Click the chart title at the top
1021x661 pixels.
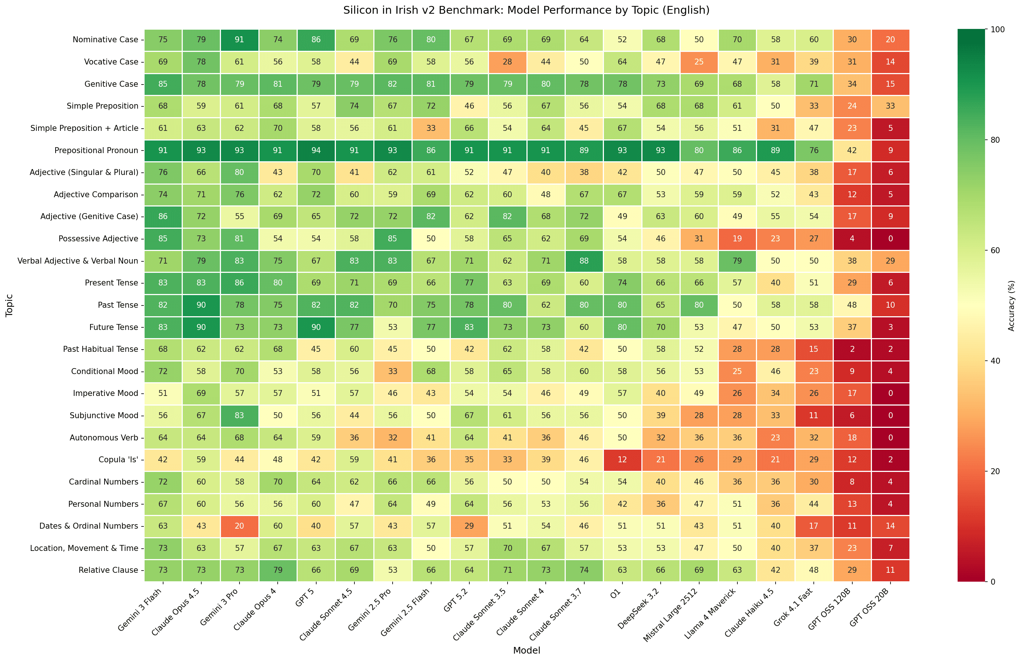pos(526,10)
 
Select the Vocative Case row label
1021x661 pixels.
pos(111,62)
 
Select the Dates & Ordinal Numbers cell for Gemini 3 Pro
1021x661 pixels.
pos(239,526)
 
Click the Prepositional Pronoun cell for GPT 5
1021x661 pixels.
pos(316,151)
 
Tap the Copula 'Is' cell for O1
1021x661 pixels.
pos(622,460)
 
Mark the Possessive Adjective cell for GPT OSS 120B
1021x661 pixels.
pos(852,239)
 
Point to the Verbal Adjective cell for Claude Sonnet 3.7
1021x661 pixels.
pos(584,261)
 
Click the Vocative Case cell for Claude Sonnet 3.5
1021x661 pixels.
pos(508,62)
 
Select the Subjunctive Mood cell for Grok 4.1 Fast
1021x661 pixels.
pos(814,416)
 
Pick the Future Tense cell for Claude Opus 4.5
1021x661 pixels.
pos(201,327)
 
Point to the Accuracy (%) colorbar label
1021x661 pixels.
pos(1011,305)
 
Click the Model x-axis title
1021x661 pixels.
pos(526,650)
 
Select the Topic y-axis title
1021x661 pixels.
pos(9,305)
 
